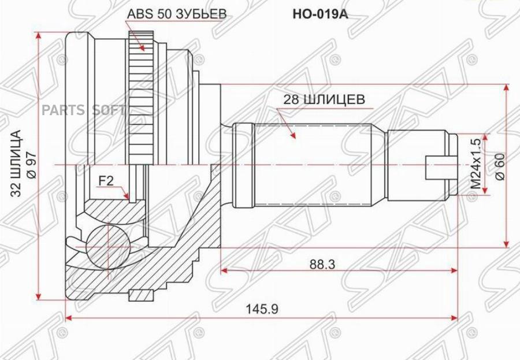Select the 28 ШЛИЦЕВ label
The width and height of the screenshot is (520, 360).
tap(324, 99)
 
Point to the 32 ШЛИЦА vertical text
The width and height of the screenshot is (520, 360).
tap(17, 165)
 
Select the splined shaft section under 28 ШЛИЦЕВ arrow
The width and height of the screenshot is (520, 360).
tap(312, 165)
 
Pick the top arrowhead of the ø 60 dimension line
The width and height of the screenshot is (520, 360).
tap(507, 87)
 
